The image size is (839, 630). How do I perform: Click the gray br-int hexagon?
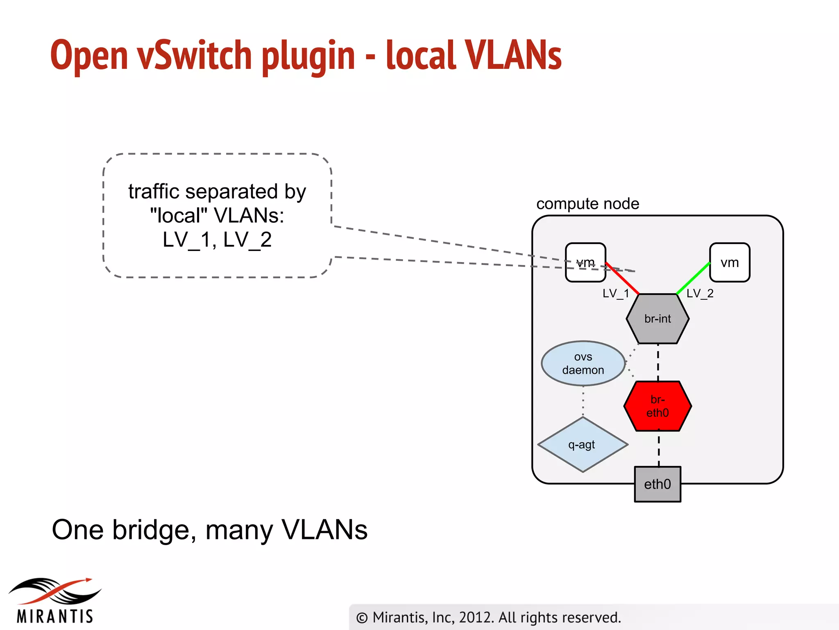click(x=658, y=319)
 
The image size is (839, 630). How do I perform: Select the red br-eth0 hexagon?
click(x=658, y=406)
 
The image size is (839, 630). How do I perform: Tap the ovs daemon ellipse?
click(x=583, y=363)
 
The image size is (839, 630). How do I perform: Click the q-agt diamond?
click(x=582, y=445)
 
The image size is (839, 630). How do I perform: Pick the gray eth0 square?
click(x=658, y=484)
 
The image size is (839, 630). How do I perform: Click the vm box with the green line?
click(x=730, y=262)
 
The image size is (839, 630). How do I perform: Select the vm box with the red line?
click(x=585, y=262)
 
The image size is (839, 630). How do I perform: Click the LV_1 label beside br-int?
click(x=615, y=293)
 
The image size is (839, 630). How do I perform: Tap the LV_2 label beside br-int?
click(x=700, y=293)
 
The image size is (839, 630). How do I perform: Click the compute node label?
click(x=587, y=204)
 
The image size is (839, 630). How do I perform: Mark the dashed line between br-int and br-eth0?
click(x=658, y=363)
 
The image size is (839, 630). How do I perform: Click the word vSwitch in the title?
click(x=194, y=55)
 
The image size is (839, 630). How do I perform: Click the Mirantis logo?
click(x=55, y=601)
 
